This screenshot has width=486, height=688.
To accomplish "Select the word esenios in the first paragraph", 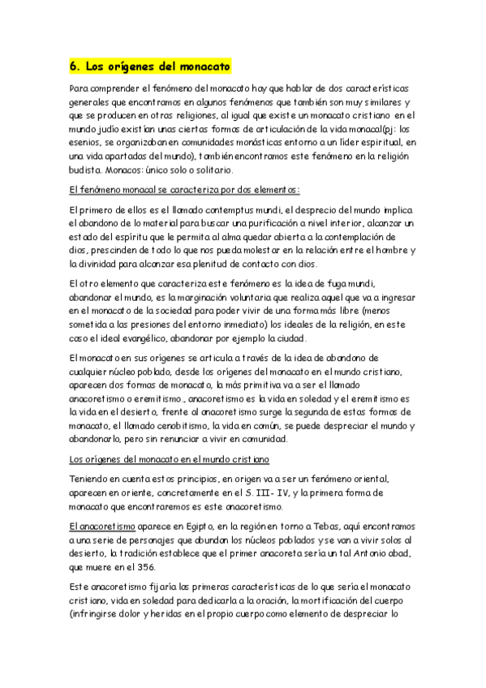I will click(x=87, y=142).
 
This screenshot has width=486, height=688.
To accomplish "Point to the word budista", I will click(x=88, y=170).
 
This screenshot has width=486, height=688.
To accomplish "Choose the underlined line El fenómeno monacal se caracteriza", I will click(x=184, y=190).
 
